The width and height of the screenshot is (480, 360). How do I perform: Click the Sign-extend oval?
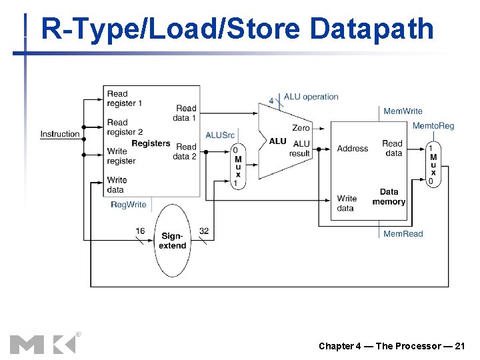click(x=173, y=241)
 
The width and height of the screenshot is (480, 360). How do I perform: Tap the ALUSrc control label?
click(x=220, y=135)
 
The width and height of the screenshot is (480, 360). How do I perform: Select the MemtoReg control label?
click(x=433, y=126)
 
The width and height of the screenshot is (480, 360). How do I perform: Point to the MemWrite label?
click(x=403, y=111)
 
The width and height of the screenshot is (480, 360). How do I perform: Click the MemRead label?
click(x=403, y=233)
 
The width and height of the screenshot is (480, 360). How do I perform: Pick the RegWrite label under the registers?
click(x=128, y=205)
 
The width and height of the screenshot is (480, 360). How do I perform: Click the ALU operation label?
click(x=311, y=97)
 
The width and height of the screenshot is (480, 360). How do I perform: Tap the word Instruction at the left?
click(x=59, y=134)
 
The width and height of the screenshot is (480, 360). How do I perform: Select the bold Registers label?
click(x=151, y=143)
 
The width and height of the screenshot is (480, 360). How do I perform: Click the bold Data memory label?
click(x=389, y=197)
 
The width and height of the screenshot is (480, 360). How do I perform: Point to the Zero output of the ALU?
click(x=301, y=128)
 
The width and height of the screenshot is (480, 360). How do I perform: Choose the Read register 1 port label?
click(x=124, y=99)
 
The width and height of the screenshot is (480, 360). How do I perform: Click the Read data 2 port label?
click(x=185, y=151)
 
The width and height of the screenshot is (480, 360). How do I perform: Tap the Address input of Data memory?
click(x=352, y=148)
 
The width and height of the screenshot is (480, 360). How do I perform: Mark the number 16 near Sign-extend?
click(x=140, y=231)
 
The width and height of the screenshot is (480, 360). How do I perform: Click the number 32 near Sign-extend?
click(x=204, y=231)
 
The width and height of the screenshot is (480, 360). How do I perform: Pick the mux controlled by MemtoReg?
click(x=433, y=164)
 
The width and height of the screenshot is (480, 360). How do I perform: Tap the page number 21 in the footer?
click(x=459, y=345)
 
